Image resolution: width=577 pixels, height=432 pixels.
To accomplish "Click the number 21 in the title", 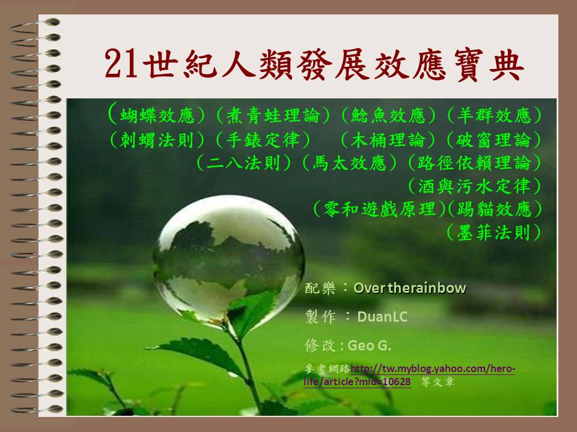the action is [x=121, y=64].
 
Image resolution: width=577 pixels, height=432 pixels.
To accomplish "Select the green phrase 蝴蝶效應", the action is [x=157, y=116].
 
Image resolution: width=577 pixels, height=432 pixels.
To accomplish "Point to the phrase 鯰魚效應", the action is [x=388, y=116].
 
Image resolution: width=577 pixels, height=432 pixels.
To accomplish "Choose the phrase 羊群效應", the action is [x=494, y=116].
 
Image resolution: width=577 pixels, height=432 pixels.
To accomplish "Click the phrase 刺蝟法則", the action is [x=157, y=140].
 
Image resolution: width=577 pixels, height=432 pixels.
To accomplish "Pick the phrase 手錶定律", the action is [x=263, y=140].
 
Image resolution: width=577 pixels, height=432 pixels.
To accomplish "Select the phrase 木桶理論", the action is [x=388, y=140].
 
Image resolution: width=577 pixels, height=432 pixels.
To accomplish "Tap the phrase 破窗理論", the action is [x=494, y=140].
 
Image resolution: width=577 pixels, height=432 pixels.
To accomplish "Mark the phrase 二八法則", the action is [x=243, y=163].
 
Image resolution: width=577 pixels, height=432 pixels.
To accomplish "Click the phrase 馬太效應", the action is [x=350, y=163].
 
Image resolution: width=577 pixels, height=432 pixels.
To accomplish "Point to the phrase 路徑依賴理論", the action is [x=475, y=163].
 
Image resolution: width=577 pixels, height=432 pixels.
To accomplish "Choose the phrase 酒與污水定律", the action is [x=475, y=187].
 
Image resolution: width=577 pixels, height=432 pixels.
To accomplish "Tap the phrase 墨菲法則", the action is [x=494, y=233].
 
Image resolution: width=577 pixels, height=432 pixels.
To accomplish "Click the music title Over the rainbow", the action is [x=410, y=288].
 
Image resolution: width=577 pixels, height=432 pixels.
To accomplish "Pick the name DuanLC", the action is [x=382, y=317].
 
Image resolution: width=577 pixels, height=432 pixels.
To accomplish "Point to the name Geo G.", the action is [x=370, y=346].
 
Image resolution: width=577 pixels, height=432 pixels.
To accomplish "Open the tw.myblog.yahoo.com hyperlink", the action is [x=409, y=375].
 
